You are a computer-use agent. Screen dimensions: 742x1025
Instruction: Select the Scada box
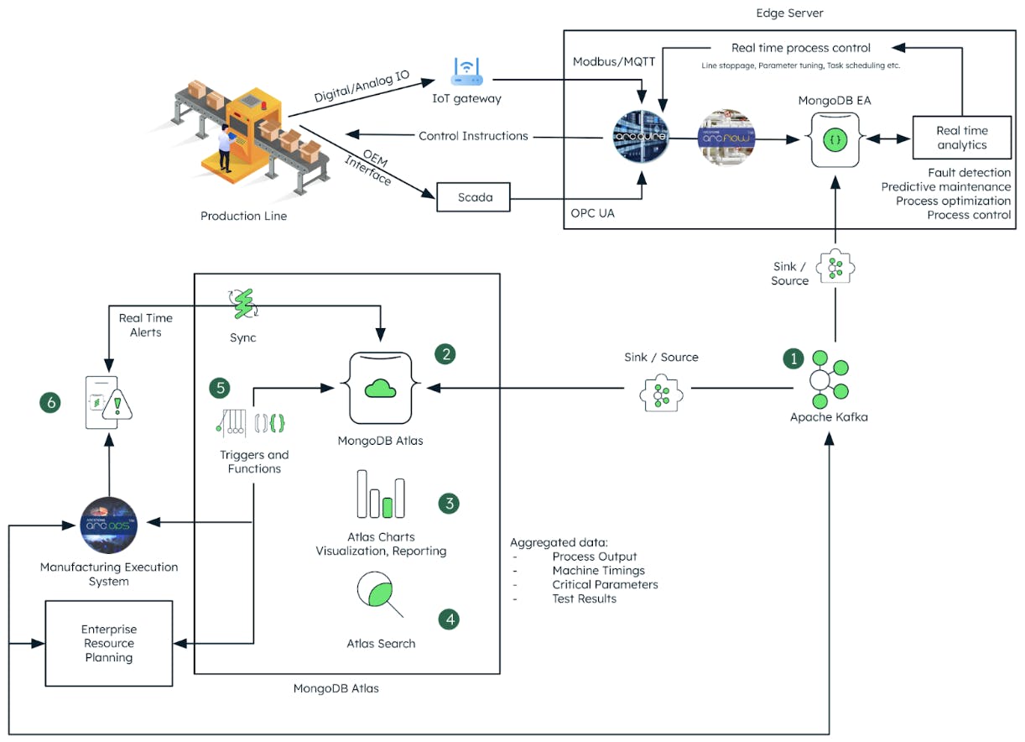(x=475, y=198)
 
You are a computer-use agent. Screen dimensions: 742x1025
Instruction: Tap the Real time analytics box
(x=961, y=138)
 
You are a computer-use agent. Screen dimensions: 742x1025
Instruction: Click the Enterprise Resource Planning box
(x=108, y=643)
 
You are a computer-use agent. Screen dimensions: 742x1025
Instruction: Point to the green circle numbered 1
(x=793, y=358)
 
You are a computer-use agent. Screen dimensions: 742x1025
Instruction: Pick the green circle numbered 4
(x=450, y=619)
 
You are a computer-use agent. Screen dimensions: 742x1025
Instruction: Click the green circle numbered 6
(x=51, y=403)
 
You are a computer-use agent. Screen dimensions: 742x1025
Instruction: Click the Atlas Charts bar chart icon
(x=381, y=495)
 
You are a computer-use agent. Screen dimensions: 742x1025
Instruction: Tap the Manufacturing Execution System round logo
(x=109, y=525)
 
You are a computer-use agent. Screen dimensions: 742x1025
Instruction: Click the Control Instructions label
(x=473, y=136)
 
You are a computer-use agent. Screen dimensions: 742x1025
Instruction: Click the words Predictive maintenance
(x=945, y=186)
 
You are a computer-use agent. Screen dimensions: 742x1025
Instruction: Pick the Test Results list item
(x=584, y=598)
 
